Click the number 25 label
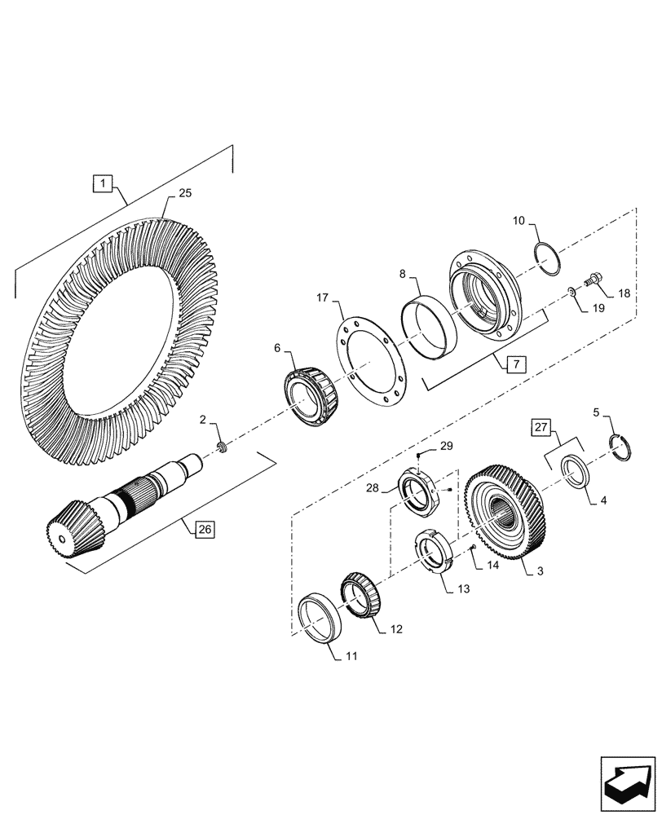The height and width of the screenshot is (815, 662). [x=184, y=194]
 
